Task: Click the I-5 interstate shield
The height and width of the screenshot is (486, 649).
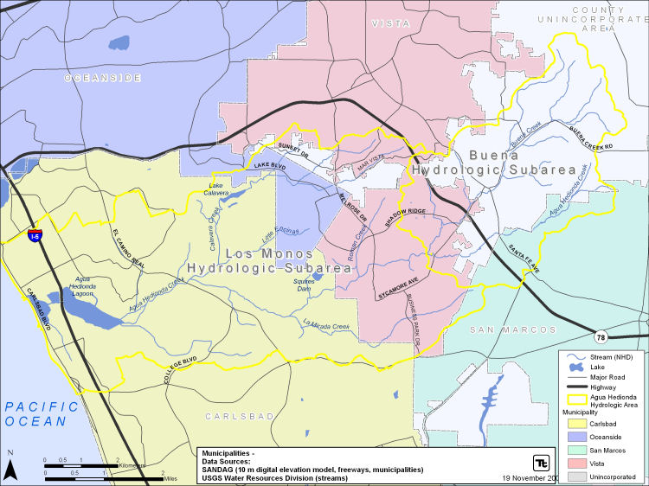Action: (34, 235)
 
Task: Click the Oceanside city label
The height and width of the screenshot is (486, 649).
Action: (102, 78)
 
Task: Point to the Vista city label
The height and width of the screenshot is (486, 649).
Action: (390, 23)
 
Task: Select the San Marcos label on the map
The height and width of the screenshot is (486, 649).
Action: (513, 330)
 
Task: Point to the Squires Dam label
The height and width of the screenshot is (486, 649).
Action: (304, 285)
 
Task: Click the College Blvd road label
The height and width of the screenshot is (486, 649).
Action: (182, 369)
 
